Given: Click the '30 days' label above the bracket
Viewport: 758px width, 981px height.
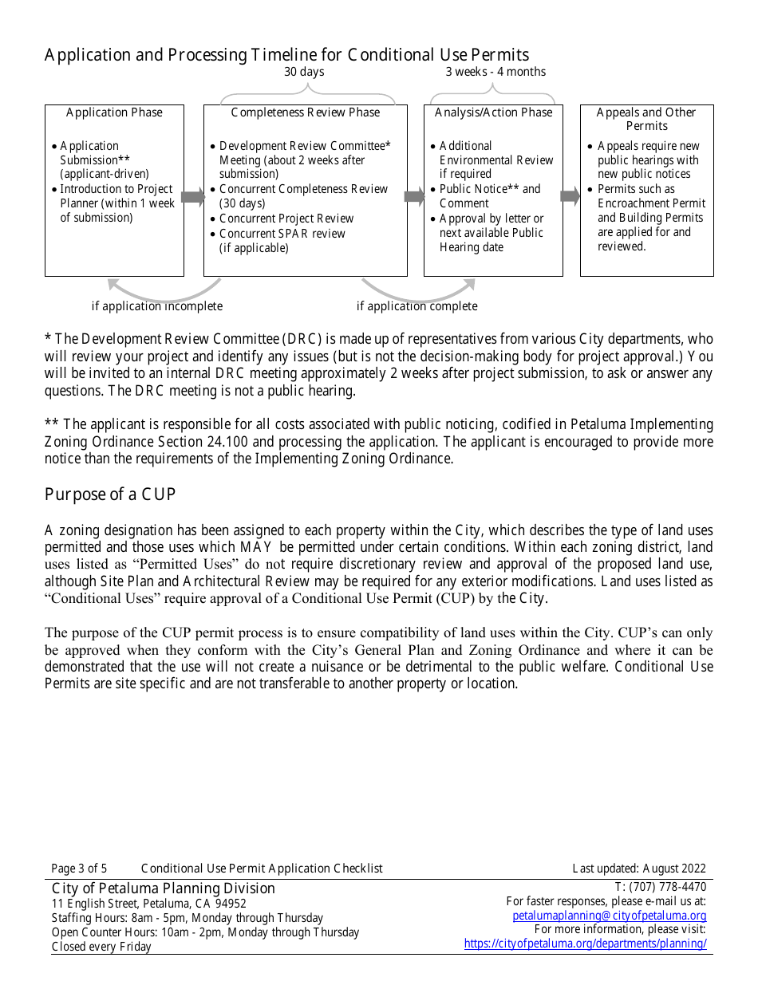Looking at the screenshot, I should tap(304, 72).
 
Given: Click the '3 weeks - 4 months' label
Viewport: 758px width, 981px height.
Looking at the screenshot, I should tap(495, 72).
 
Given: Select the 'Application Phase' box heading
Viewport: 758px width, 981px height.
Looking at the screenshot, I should tap(114, 112).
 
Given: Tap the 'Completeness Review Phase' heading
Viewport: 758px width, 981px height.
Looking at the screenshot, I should tap(306, 112).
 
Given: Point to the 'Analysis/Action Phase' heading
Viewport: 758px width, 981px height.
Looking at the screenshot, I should tap(493, 112).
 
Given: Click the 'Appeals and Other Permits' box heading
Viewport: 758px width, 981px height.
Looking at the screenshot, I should tap(646, 119).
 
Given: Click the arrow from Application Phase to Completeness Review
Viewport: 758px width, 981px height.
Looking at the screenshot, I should tap(193, 197).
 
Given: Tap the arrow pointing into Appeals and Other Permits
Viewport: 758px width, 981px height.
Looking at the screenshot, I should tap(570, 196).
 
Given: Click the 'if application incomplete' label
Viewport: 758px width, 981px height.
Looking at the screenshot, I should tap(157, 306).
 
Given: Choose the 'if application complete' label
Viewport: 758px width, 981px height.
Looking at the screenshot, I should tap(417, 306).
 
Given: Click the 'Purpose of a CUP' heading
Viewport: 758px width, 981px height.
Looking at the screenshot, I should tap(110, 494).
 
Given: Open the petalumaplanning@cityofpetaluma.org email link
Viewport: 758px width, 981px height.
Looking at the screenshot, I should tap(609, 916).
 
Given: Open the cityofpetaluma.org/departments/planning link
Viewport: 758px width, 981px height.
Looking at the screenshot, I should tap(585, 944).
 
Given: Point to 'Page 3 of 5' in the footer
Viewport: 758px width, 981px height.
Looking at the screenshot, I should tap(79, 869).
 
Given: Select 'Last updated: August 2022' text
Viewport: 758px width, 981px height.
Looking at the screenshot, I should tap(638, 869).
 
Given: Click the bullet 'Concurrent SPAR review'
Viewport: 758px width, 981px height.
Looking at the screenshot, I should tap(282, 234).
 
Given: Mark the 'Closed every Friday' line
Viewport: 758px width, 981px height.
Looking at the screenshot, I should tap(101, 947).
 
